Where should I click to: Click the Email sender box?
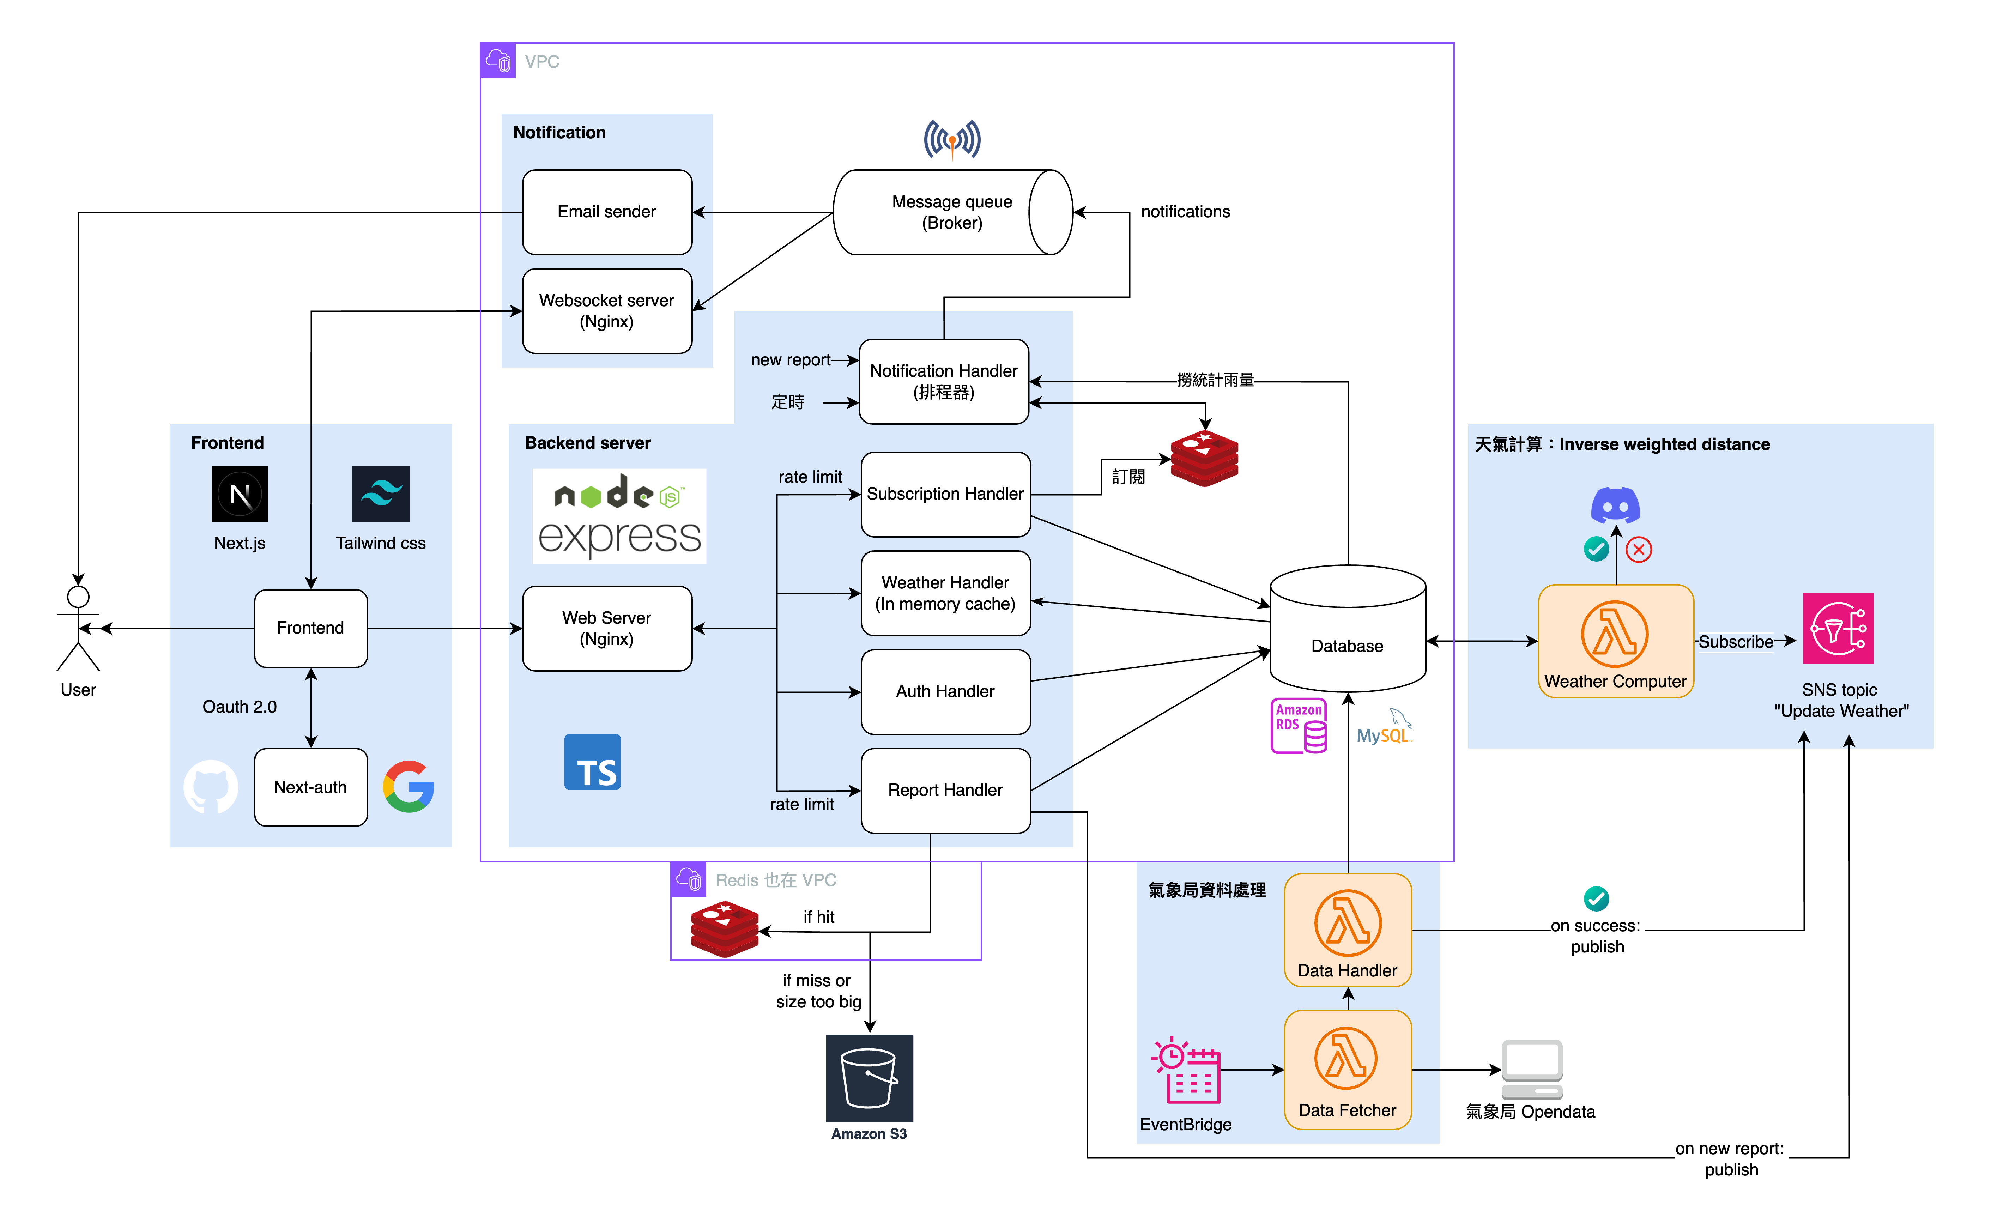[606, 212]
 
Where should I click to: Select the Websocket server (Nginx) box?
[606, 311]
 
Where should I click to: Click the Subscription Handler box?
[945, 494]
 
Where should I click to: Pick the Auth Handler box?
[945, 692]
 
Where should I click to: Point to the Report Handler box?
[945, 790]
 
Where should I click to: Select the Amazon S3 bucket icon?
[869, 1078]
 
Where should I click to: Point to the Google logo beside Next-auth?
[409, 787]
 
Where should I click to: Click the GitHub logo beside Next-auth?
[211, 787]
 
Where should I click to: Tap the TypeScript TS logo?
[592, 762]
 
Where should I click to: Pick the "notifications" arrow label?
[1185, 212]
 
